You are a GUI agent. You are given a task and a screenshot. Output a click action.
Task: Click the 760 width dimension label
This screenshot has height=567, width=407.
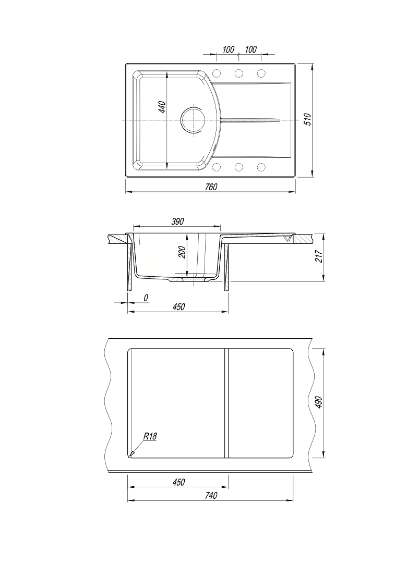click(211, 187)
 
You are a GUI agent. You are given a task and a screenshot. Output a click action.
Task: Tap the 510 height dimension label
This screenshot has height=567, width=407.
click(307, 119)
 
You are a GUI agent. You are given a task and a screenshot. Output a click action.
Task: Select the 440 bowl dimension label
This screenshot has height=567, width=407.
click(163, 107)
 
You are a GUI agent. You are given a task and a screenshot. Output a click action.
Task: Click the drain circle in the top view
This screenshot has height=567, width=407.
click(193, 119)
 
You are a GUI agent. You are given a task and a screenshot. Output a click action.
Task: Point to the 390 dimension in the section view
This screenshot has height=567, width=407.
click(177, 221)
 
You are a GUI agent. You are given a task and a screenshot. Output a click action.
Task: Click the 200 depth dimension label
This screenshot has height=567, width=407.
click(182, 252)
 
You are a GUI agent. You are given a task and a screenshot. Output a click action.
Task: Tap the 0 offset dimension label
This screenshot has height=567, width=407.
click(146, 298)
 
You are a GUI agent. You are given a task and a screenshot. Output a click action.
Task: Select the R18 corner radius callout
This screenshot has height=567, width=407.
click(150, 436)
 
